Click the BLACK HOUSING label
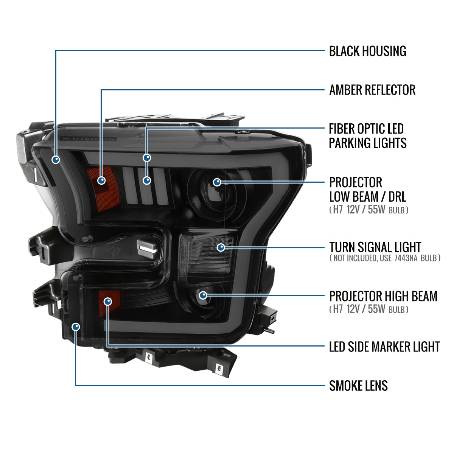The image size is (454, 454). pos(367,51)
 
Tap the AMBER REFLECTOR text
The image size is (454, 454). pos(372,90)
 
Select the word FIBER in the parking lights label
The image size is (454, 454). pos(342,129)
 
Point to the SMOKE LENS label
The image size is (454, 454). pos(358,386)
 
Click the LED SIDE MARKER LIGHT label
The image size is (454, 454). pos(384,347)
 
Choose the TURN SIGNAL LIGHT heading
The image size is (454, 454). pos(375,247)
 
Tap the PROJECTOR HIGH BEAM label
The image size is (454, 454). pos(383,296)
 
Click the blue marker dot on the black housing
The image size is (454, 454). pos(56,160)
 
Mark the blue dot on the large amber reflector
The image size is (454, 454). pos(101,180)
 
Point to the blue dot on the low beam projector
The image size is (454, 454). pos(217,182)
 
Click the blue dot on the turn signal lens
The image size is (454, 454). pos(221,247)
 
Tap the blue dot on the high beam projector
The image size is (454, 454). pos(203,295)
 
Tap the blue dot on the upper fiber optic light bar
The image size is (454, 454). pos(147,158)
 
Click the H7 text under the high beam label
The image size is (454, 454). pos(337,309)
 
